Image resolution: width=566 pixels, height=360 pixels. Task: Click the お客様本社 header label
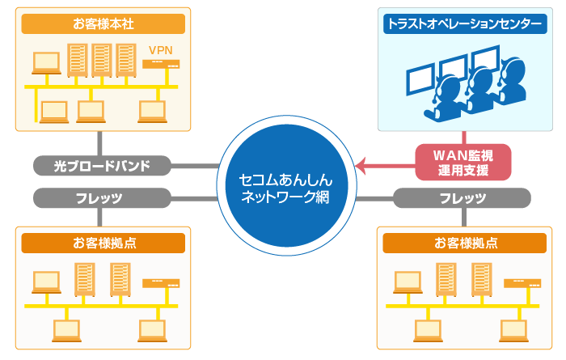pos(103,23)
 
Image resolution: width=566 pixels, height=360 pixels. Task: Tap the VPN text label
pos(160,50)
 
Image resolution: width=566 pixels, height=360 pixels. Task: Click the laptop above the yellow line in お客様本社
pos(46,61)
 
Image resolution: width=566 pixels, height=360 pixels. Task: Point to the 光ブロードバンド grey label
pos(103,166)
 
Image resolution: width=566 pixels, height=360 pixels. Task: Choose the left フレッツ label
pos(103,197)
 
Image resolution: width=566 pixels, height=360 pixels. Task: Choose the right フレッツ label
pos(463,197)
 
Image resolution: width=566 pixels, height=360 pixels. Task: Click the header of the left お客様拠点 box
pos(103,242)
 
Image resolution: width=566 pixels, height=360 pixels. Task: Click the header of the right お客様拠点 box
pos(463,242)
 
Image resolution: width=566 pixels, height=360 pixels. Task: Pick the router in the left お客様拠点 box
pos(160,283)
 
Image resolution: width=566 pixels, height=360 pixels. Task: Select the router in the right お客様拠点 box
pos(522,283)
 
